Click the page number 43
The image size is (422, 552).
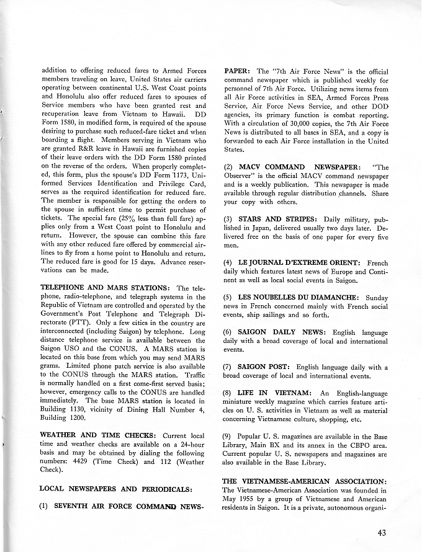384,531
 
